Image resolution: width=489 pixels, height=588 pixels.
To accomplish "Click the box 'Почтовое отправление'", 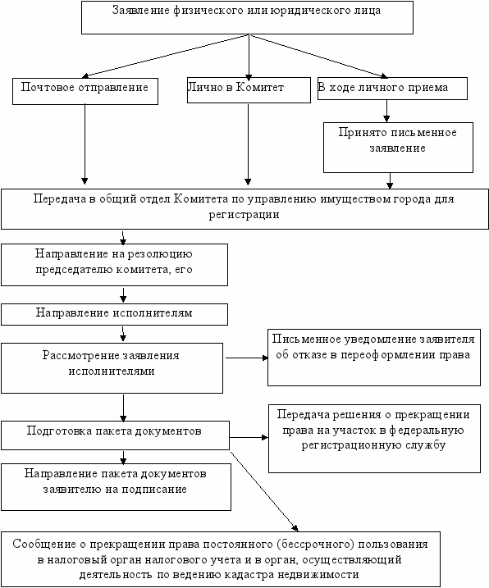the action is tap(85, 91).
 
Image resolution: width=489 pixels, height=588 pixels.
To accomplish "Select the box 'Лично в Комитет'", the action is tap(249, 90).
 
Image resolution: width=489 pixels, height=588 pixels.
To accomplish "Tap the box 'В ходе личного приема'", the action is tap(392, 89).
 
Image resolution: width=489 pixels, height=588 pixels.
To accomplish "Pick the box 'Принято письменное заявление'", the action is tap(398, 148).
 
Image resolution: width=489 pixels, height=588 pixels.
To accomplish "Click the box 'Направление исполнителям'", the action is tap(115, 314).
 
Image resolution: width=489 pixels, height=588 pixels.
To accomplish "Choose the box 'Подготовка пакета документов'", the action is tap(115, 435).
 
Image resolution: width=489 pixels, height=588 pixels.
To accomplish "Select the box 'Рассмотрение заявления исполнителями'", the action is tap(112, 368).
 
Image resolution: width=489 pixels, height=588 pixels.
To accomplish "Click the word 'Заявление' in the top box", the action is tap(141, 10).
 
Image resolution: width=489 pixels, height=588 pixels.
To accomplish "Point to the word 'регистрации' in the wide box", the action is tap(244, 215).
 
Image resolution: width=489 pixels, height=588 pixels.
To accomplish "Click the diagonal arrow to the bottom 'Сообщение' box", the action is tap(264, 491).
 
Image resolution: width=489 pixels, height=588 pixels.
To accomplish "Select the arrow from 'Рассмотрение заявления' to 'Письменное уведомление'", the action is tap(247, 358).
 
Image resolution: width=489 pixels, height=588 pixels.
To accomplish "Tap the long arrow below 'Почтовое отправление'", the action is tap(85, 144).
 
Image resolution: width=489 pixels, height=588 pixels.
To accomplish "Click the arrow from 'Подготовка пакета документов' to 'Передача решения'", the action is tap(249, 437).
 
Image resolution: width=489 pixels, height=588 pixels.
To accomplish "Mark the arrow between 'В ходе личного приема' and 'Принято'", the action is tap(386, 111).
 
